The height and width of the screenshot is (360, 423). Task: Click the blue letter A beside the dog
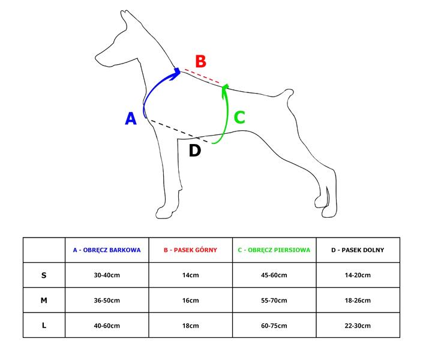tap(131, 118)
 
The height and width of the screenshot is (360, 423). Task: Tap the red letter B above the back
tap(201, 61)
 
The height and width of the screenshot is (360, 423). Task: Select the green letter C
tap(239, 118)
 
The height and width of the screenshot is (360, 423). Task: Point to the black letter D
tap(195, 151)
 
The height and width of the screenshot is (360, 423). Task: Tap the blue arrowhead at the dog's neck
tap(176, 74)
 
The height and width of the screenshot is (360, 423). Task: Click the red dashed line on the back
tap(202, 76)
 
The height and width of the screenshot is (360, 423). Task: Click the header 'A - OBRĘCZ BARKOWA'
tap(107, 250)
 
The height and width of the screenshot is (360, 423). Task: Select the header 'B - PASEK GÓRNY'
tap(190, 250)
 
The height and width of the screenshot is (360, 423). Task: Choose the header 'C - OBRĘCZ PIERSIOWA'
tap(274, 250)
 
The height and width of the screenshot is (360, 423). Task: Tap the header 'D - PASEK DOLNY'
tap(358, 250)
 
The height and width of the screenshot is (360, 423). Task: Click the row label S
tap(44, 275)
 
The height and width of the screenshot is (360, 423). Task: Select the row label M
tap(44, 301)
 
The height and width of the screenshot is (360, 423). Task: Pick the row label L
tap(44, 325)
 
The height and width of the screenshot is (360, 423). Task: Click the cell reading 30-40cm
tap(107, 275)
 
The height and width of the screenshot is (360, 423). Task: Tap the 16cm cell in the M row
tap(190, 301)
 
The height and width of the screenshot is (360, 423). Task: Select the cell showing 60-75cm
tap(274, 326)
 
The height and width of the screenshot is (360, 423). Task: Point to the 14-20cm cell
tap(358, 275)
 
